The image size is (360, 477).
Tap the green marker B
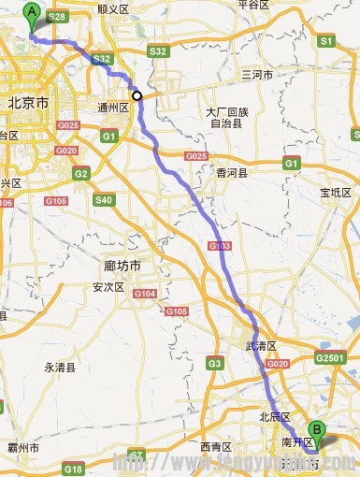[318, 434]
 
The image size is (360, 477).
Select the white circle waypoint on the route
[137, 95]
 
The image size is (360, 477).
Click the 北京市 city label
[26, 104]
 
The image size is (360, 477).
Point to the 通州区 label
[112, 108]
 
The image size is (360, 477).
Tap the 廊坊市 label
[122, 267]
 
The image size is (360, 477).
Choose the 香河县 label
[232, 173]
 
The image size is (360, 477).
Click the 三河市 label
[256, 73]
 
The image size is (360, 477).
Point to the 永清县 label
[61, 368]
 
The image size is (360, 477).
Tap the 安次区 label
[108, 287]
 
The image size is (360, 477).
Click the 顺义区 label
[112, 7]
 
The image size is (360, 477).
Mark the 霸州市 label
[22, 449]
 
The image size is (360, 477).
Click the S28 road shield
[57, 17]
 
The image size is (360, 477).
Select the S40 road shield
[103, 199]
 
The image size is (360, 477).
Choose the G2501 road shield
[330, 358]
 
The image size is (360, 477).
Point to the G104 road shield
[143, 294]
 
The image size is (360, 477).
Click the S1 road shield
[325, 41]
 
